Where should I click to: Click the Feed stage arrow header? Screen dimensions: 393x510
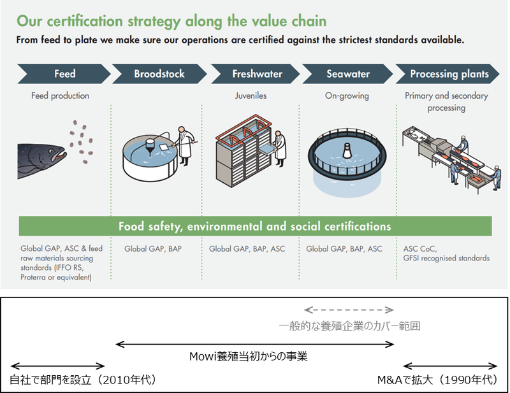tap(64, 74)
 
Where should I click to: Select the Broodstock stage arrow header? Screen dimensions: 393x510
tap(159, 74)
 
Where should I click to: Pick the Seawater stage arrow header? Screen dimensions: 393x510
tap(348, 74)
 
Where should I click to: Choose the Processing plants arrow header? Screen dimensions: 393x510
tap(448, 74)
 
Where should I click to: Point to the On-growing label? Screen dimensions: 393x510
tap(348, 96)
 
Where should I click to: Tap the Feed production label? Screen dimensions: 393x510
tap(61, 96)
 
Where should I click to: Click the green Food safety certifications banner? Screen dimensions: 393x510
tap(255, 227)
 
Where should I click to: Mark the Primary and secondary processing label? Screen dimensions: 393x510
tap(446, 102)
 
